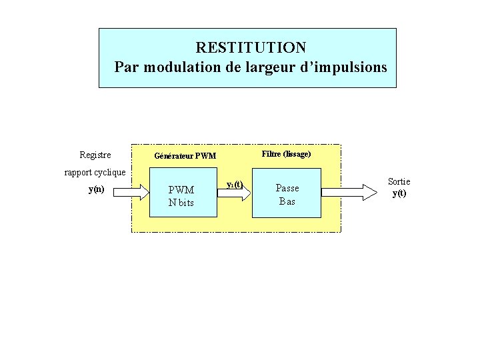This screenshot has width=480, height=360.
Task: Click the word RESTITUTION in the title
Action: [251, 48]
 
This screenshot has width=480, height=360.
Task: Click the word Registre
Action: [95, 155]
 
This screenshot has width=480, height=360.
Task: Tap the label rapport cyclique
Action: [95, 172]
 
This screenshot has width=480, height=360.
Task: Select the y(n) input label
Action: [96, 190]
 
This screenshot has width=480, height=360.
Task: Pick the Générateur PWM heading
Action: [185, 157]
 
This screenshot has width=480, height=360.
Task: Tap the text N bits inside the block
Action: [181, 203]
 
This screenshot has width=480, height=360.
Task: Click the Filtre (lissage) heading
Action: [287, 154]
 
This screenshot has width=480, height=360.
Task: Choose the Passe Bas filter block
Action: [287, 193]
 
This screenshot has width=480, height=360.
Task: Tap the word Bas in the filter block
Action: [287, 201]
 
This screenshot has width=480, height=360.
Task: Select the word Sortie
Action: [399, 181]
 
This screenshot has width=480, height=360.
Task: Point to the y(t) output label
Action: [399, 193]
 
